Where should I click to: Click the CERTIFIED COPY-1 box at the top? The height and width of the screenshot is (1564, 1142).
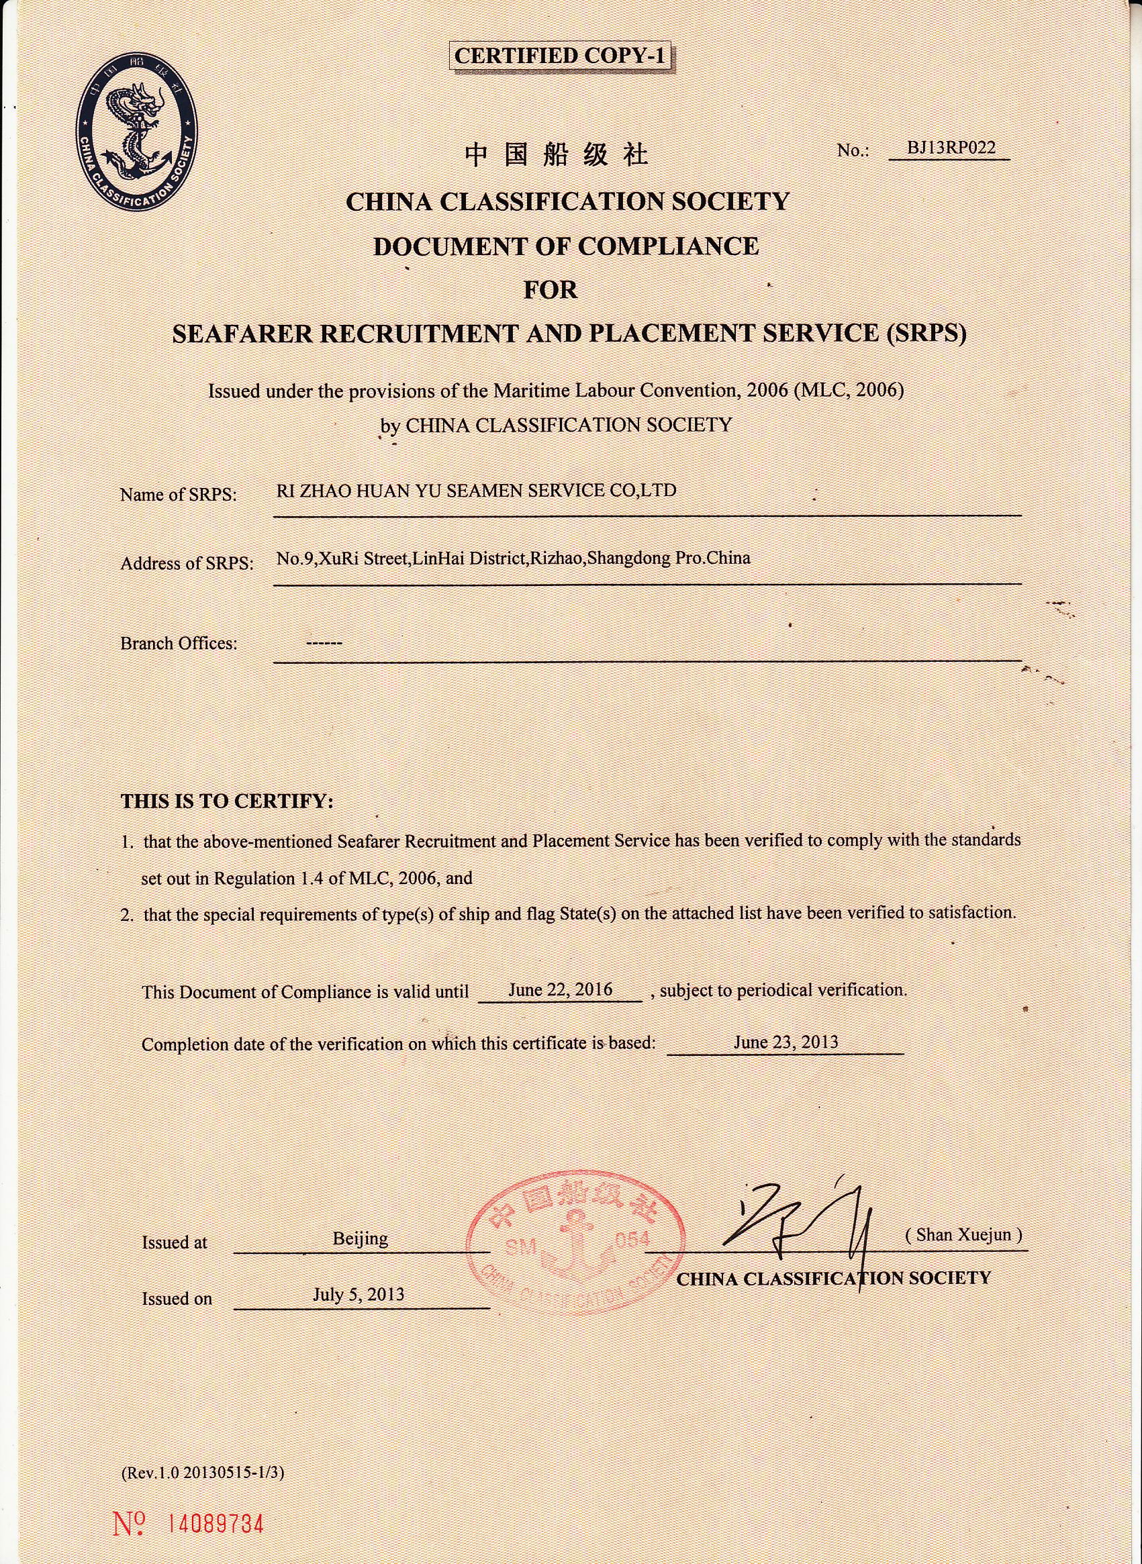[x=560, y=55]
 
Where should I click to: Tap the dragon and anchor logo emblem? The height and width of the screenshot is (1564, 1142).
[x=137, y=133]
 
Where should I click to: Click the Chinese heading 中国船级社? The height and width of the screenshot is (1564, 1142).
[x=557, y=155]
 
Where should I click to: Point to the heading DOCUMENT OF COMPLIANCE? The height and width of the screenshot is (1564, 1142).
[x=566, y=246]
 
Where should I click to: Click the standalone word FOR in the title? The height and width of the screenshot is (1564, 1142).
[x=551, y=289]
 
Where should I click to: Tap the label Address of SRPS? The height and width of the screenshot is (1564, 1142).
[x=187, y=563]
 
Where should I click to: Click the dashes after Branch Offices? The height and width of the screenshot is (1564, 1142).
[x=324, y=644]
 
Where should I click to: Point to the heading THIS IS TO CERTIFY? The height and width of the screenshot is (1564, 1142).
[x=227, y=801]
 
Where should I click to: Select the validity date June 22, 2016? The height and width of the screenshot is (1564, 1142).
[x=560, y=989]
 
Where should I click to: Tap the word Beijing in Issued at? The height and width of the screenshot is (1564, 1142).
[x=360, y=1238]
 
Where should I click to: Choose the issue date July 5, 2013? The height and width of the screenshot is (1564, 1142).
[x=358, y=1293]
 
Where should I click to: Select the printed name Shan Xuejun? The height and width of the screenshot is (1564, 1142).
[x=963, y=1234]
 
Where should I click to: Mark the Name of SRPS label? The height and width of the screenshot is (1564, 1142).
[x=178, y=495]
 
